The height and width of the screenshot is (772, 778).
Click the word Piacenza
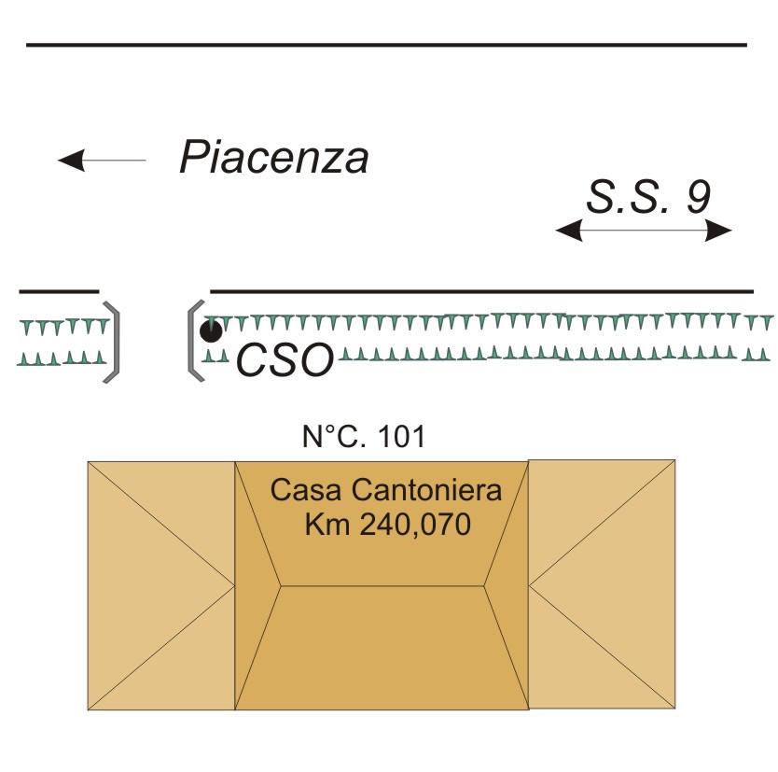pos(274,158)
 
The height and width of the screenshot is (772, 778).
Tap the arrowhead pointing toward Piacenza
pos(72,161)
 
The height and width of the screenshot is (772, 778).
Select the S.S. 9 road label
pos(648,197)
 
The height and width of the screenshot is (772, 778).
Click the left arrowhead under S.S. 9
pos(569,231)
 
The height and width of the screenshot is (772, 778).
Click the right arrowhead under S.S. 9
pos(718,231)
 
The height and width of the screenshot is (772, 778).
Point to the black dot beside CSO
pos(211,331)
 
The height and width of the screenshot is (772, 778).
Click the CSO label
pos(285,360)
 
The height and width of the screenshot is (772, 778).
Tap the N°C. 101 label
pos(364,437)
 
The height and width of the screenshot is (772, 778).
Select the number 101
pos(401,437)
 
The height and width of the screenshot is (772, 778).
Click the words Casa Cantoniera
pos(386,490)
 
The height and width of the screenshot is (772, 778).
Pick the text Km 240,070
pos(387,525)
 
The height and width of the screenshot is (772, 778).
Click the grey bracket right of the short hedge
pos(113,342)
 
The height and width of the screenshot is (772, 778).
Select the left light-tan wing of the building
pos(161,586)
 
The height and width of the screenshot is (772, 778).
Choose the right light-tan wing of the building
pos(602,584)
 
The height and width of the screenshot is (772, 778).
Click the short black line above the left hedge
pos(59,291)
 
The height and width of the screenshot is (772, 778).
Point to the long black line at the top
pos(386,45)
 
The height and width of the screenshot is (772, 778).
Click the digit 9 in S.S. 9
pos(699,197)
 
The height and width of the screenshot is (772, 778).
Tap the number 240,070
pos(415,526)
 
